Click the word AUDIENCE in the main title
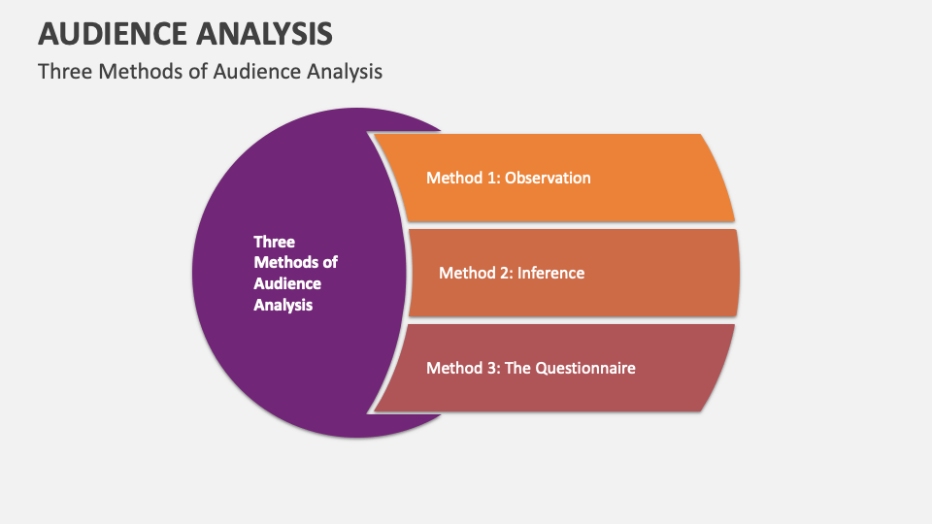tap(113, 33)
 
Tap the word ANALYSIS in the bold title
tap(264, 33)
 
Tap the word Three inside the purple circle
tap(274, 242)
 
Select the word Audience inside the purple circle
tap(287, 283)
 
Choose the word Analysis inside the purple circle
tap(283, 305)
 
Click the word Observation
tap(548, 178)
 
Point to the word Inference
tap(550, 273)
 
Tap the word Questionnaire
tap(584, 368)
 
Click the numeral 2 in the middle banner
tap(505, 274)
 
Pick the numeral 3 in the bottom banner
tap(493, 369)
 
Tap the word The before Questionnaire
tap(517, 368)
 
